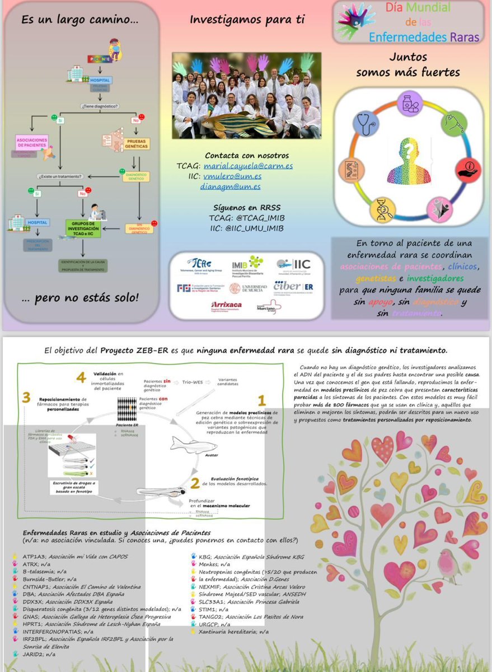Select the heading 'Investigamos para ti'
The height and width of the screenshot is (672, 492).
(x=247, y=20)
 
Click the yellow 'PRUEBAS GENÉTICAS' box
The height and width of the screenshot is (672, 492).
(x=135, y=143)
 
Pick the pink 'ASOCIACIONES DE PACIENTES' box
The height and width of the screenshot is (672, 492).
(x=32, y=141)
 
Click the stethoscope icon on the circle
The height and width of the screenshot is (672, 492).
(x=367, y=124)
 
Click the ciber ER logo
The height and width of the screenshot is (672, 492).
(x=293, y=287)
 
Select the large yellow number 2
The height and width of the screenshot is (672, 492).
(x=195, y=482)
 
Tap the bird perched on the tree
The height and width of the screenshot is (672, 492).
(x=449, y=565)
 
